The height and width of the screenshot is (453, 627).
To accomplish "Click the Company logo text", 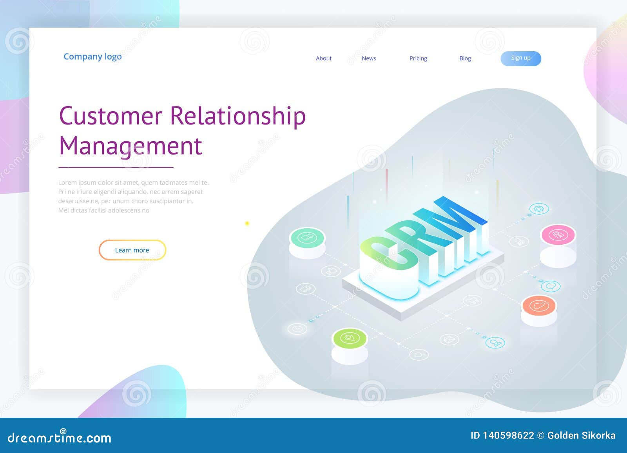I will point(92,57).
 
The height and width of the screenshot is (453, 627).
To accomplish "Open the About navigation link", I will point(324,58).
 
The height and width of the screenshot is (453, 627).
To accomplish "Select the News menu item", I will point(369,58).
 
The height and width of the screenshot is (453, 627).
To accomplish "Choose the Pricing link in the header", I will point(418,58).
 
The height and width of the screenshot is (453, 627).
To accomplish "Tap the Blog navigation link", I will point(465,58).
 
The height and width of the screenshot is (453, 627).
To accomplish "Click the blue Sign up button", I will point(520,58).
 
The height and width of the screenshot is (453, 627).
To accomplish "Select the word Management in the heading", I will point(130,146).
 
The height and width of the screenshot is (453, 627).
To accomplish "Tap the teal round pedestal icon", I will point(307,237).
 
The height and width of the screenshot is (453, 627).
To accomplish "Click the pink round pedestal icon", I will point(558,235).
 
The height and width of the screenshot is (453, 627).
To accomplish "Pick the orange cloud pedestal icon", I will point(539,305).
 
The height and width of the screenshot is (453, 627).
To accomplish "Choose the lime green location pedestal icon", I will point(349,338).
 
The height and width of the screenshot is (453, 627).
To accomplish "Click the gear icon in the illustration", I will point(539,209).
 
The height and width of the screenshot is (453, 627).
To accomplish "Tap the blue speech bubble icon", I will point(551,286).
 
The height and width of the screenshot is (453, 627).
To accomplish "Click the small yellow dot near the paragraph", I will point(247,223).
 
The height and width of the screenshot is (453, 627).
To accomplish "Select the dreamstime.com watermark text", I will point(59,437).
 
